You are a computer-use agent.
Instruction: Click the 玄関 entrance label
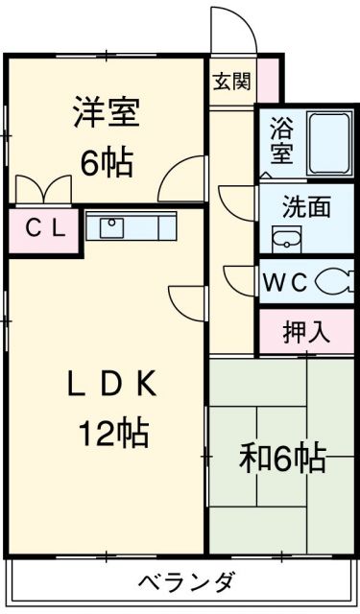[232, 82]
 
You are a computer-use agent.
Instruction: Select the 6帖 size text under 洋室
[107, 163]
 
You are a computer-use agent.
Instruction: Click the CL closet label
[45, 230]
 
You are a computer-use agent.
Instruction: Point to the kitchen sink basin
[111, 227]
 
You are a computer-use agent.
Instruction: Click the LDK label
[111, 384]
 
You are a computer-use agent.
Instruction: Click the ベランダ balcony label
[187, 582]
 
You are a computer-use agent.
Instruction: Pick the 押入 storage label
[306, 332]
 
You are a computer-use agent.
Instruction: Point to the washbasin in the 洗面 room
[286, 239]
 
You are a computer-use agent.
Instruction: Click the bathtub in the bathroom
[329, 144]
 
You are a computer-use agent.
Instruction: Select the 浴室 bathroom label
[281, 144]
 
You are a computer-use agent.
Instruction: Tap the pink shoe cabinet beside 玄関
[269, 81]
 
